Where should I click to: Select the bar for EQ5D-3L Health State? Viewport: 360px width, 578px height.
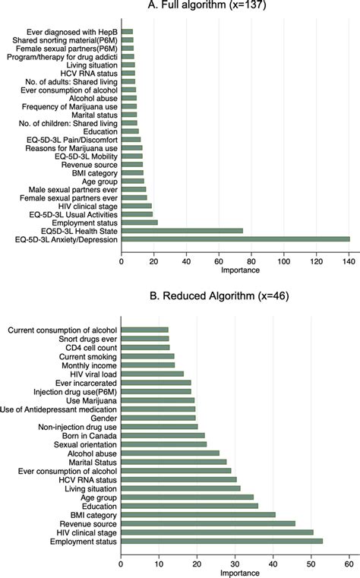(x=182, y=231)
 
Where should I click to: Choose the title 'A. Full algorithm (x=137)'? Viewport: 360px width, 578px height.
(x=234, y=5)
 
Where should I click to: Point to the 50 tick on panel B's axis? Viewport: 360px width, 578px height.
(x=311, y=563)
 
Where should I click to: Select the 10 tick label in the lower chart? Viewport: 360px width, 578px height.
(x=159, y=563)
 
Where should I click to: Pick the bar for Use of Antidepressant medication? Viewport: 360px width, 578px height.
(x=158, y=409)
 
